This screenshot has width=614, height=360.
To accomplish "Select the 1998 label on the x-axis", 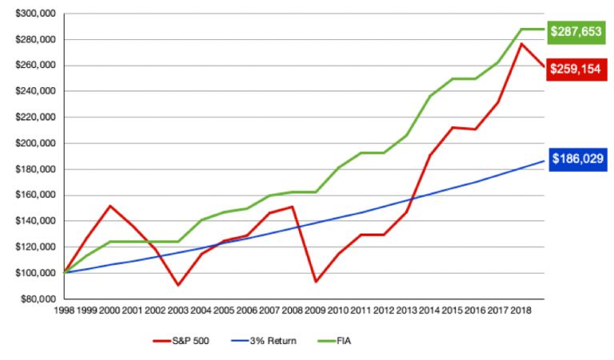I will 66,309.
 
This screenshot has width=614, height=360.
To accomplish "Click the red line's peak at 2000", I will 110,206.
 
